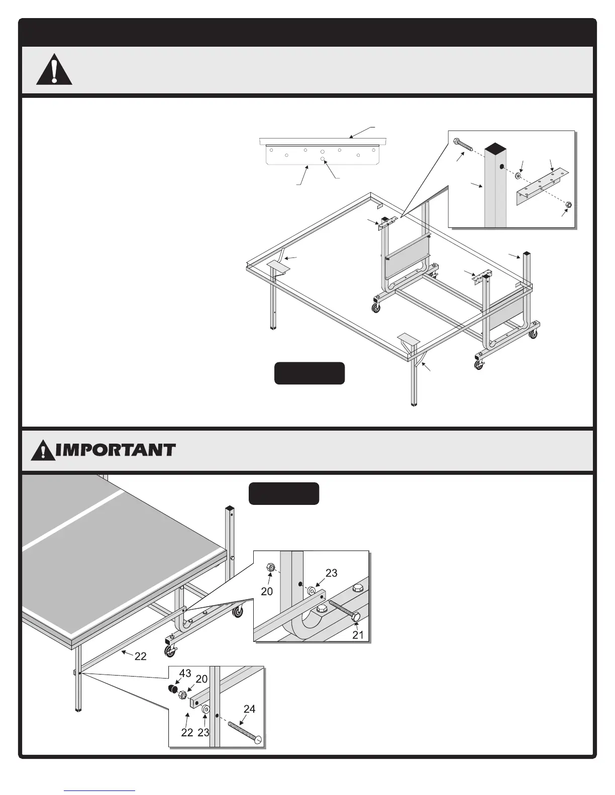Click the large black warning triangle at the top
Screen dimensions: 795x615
54,71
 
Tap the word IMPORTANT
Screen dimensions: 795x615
116,450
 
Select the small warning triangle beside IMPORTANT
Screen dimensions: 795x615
43,451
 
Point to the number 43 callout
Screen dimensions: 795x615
185,674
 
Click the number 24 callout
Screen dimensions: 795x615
249,709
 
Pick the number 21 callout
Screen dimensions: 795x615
358,635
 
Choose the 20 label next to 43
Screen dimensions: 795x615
201,679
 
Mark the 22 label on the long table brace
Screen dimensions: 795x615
140,656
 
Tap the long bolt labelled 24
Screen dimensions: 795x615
245,732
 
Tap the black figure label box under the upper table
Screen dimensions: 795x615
310,373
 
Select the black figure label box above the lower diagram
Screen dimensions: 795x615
284,494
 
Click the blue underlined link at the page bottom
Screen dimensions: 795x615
99,790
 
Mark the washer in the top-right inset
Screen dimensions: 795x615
518,176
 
